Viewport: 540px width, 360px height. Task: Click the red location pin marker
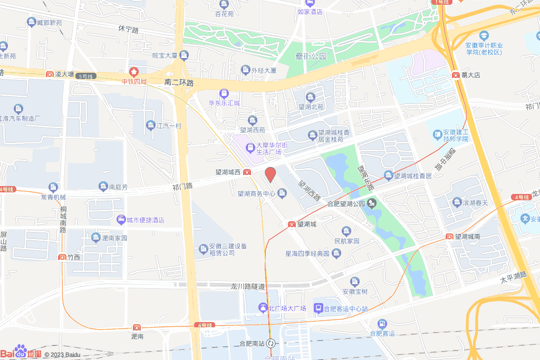[271, 174]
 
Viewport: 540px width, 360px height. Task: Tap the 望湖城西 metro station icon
[247, 172]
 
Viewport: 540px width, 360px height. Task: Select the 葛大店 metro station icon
[455, 75]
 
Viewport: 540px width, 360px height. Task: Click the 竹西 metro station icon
[61, 257]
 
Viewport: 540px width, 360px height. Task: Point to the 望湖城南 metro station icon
[449, 237]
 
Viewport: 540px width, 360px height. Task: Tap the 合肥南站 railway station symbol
[271, 343]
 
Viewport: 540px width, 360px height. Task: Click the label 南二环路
[179, 83]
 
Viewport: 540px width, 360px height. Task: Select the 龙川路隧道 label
[248, 286]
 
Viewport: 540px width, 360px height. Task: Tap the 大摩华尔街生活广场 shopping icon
[250, 145]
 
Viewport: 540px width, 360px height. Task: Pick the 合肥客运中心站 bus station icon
[318, 308]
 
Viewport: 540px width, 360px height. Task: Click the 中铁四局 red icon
[134, 72]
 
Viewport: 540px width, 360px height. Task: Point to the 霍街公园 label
[311, 56]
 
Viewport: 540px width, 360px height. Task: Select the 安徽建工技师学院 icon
[437, 135]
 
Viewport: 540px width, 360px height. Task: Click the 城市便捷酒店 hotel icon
[121, 219]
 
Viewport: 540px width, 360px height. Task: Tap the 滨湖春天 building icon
[457, 202]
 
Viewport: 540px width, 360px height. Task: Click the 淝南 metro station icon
[137, 327]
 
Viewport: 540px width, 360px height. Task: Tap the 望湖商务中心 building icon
[282, 193]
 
